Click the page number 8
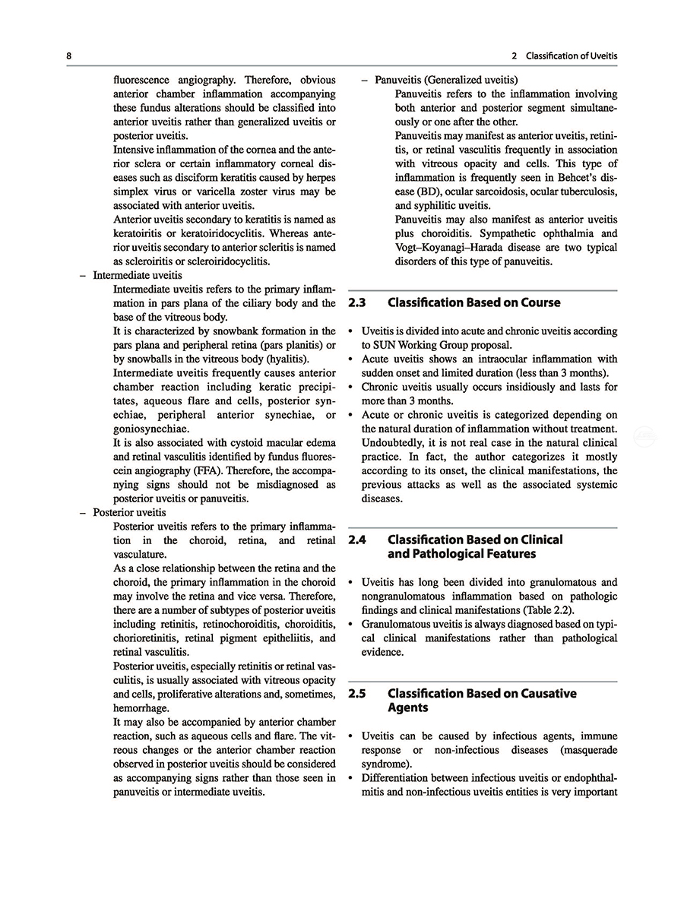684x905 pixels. (68, 57)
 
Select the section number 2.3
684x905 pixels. (357, 302)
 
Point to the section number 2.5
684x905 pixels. (357, 693)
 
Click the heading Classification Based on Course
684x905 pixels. (474, 302)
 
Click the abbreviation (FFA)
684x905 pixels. (223, 470)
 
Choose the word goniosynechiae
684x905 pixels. (149, 429)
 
